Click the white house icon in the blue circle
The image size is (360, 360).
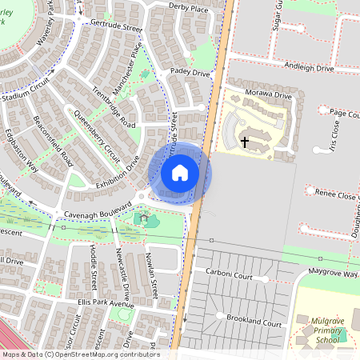click(x=180, y=173)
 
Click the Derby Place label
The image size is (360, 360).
click(x=188, y=7)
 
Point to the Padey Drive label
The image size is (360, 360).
click(x=189, y=73)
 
